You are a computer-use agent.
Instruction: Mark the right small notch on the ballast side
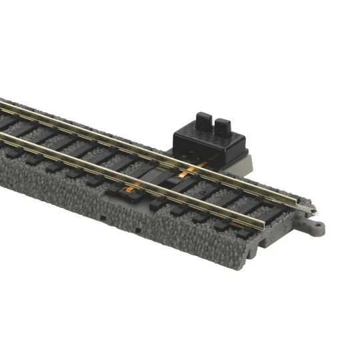[x=138, y=230]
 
